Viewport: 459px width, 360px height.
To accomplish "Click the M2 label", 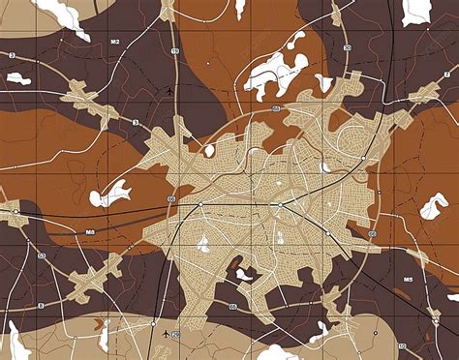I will [x=114, y=43].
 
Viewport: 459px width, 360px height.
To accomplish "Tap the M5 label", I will [x=408, y=281].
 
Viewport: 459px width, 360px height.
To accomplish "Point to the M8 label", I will [x=90, y=232].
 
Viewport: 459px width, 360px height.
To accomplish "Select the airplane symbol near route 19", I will [x=169, y=90].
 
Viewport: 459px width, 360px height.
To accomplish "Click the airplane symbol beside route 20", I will [x=168, y=334].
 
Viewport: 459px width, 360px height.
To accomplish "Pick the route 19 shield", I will [x=175, y=49].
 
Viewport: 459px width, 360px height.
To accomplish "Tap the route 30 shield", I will [x=347, y=47].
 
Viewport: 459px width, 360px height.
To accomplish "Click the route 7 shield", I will [x=445, y=74].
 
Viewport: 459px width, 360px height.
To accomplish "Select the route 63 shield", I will [x=42, y=256].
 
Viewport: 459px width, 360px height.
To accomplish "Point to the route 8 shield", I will [x=42, y=305].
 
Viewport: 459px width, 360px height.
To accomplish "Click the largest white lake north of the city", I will [x=274, y=73].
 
